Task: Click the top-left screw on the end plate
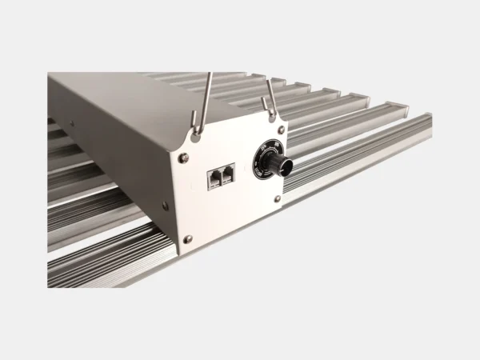click(184, 158)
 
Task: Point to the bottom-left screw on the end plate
click(188, 238)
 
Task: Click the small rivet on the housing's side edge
click(70, 124)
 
